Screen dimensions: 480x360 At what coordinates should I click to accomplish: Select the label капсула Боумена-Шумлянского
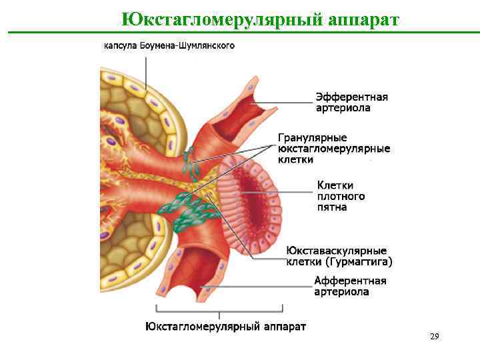point(168,46)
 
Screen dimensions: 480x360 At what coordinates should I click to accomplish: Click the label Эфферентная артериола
point(351,102)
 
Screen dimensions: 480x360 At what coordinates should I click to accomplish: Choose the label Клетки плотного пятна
point(341,196)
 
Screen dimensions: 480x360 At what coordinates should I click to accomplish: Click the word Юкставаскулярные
point(337,251)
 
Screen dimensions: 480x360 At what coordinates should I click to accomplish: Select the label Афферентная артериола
point(350,286)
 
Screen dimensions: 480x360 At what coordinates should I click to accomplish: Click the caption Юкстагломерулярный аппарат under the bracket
point(226,327)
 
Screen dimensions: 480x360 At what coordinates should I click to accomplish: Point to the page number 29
point(435,337)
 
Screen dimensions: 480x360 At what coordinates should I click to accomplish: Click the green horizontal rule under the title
point(240,32)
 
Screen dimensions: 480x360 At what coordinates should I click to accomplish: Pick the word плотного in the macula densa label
point(341,196)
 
